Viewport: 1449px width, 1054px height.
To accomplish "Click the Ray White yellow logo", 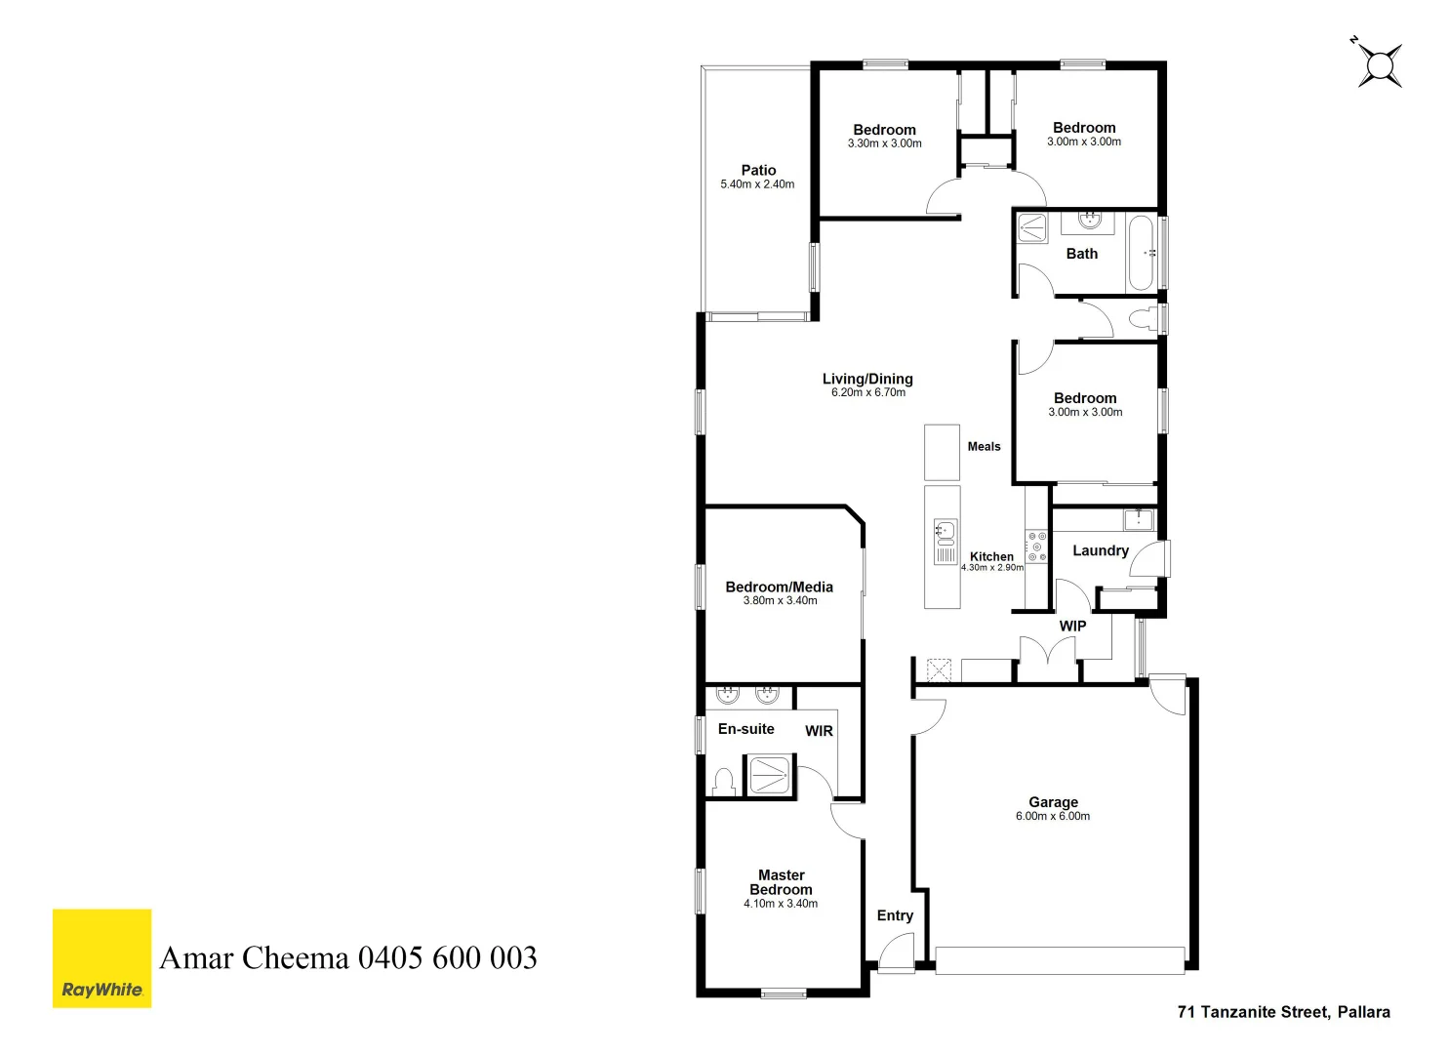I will pyautogui.click(x=101, y=957).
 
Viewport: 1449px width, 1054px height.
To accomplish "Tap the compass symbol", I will pyautogui.click(x=1379, y=65).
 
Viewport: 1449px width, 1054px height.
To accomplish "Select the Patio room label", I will pyautogui.click(x=758, y=170).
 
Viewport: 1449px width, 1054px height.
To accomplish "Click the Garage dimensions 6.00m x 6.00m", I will pyautogui.click(x=1052, y=817).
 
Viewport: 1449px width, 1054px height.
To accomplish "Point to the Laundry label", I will pyautogui.click(x=1100, y=550).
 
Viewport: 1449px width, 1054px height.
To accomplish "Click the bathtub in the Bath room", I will pyautogui.click(x=1142, y=253).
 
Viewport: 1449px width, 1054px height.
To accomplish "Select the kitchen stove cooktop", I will pyautogui.click(x=1036, y=547).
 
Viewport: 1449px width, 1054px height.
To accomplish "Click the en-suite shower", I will pyautogui.click(x=769, y=775).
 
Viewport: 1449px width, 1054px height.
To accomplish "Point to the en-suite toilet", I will pyautogui.click(x=723, y=782).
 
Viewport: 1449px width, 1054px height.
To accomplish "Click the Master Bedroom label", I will pyautogui.click(x=781, y=882).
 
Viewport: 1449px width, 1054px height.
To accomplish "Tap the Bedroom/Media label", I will pyautogui.click(x=779, y=587).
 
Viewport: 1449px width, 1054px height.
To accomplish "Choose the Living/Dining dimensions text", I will pyautogui.click(x=867, y=393).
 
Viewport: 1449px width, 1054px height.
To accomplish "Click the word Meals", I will pyautogui.click(x=984, y=447).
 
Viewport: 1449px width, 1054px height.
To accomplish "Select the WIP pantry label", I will pyautogui.click(x=1072, y=627).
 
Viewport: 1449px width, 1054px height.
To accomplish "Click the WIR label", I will pyautogui.click(x=819, y=731).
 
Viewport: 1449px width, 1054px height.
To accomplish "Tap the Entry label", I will pyautogui.click(x=895, y=915).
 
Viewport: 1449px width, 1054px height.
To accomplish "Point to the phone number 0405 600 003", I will pyautogui.click(x=447, y=958).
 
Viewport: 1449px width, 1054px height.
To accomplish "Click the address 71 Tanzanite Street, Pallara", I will pyautogui.click(x=1283, y=1012).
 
